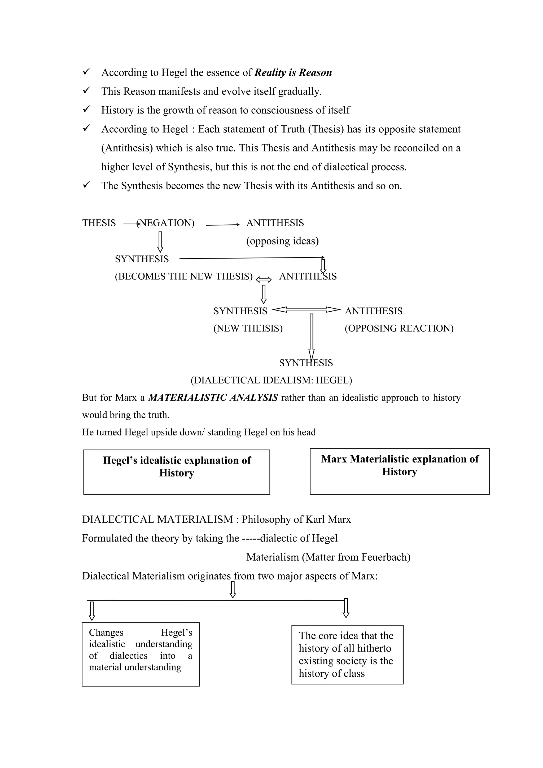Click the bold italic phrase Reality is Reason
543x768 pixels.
293,73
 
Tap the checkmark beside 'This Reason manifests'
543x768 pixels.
86,90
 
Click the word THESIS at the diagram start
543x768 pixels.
99,223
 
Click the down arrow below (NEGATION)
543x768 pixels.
160,242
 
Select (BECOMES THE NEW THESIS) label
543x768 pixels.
183,276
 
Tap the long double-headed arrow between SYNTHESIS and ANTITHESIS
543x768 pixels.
306,310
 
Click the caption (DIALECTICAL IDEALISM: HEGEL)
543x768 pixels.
271,380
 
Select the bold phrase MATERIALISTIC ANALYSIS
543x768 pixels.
213,398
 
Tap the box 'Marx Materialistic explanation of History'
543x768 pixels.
400,471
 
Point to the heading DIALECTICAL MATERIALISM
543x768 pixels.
157,520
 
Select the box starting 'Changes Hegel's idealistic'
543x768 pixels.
141,654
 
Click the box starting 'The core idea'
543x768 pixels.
347,654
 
